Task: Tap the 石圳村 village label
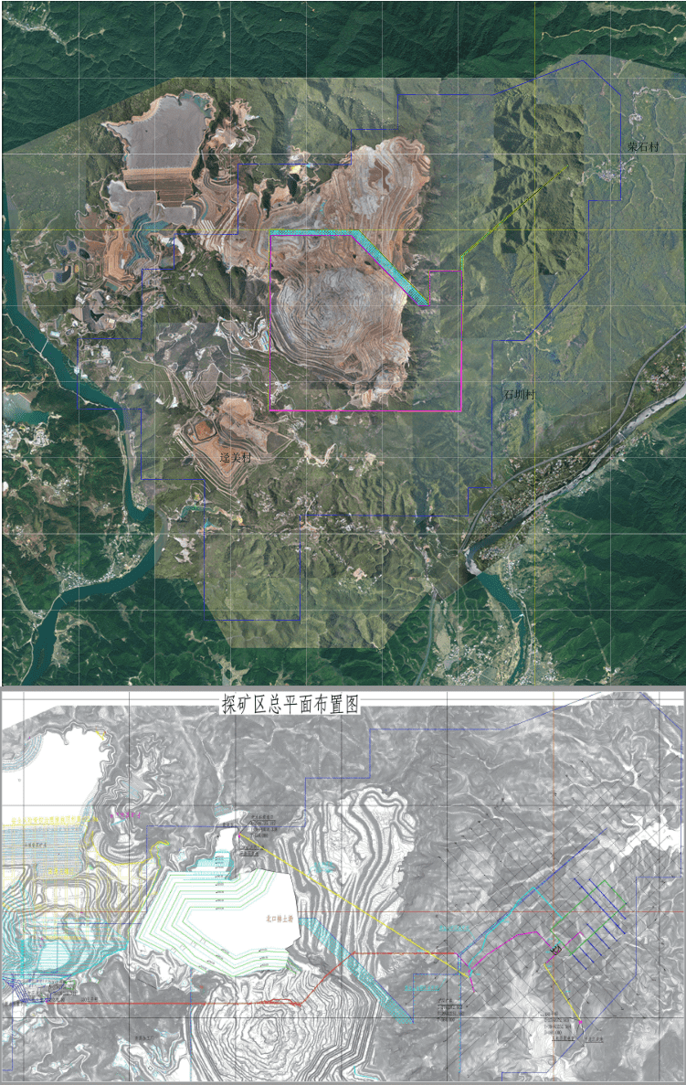[x=519, y=395]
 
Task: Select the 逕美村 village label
[x=235, y=456]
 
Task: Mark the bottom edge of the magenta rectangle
[x=365, y=411]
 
